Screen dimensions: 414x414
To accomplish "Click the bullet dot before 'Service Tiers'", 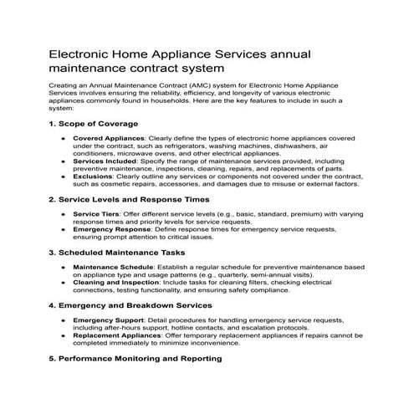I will (64, 213).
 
